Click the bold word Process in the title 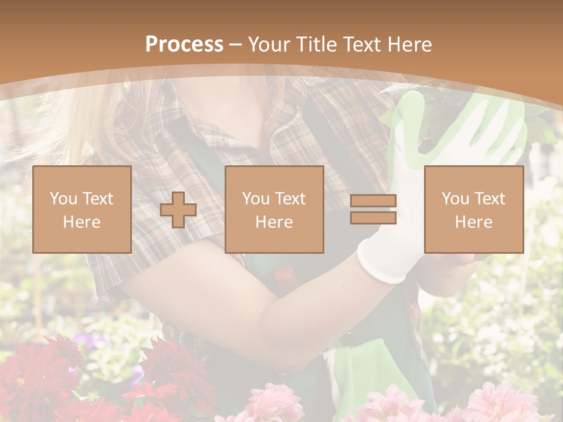click(184, 45)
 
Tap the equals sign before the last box click(373, 209)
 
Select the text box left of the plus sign click(82, 209)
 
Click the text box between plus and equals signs click(274, 209)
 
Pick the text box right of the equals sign click(473, 209)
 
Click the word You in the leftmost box click(63, 199)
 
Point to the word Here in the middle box click(274, 222)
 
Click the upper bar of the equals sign click(373, 201)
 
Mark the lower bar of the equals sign click(373, 218)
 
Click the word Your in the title click(267, 45)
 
